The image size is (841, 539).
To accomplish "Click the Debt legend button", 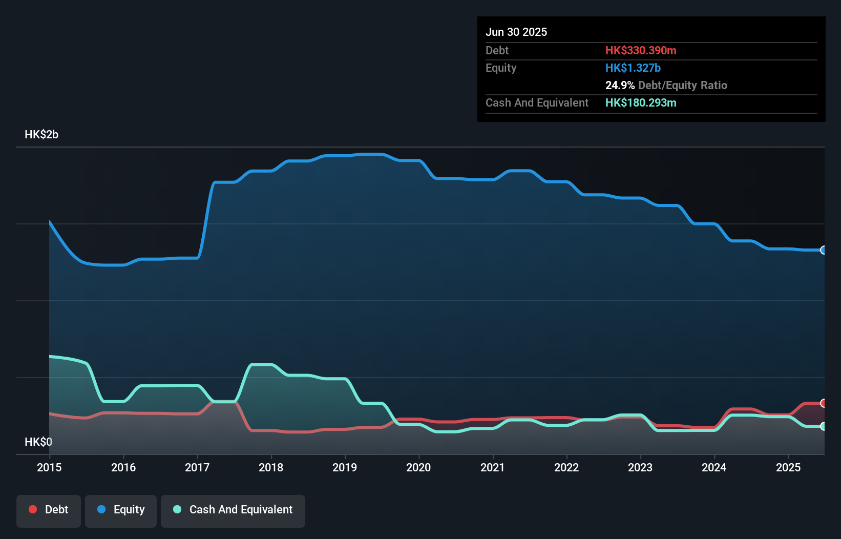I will [49, 510].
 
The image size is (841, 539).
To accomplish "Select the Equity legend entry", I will [121, 510].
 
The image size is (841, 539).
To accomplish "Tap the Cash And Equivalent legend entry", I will [233, 510].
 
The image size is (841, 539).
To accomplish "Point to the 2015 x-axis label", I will [49, 467].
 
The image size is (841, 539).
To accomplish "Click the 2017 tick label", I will [197, 467].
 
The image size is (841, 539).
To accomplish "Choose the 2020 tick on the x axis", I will [418, 467].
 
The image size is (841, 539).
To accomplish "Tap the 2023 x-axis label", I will [640, 467].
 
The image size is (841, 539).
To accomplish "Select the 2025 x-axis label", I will [788, 467].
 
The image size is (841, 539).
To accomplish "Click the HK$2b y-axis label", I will [41, 135].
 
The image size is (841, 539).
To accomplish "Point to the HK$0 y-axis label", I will [38, 442].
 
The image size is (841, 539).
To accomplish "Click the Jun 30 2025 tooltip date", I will [516, 32].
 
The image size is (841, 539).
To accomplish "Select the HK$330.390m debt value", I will [640, 51].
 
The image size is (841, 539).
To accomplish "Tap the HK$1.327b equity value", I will [633, 68].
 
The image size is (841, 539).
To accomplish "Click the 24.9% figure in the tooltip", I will [620, 86].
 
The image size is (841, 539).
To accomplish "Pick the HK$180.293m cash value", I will [640, 103].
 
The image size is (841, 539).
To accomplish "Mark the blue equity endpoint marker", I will [823, 250].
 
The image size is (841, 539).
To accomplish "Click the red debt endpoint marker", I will [823, 403].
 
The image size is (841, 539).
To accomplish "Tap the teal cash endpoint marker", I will [823, 426].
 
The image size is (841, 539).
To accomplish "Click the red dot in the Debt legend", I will [33, 509].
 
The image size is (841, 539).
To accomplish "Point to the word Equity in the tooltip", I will [501, 68].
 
